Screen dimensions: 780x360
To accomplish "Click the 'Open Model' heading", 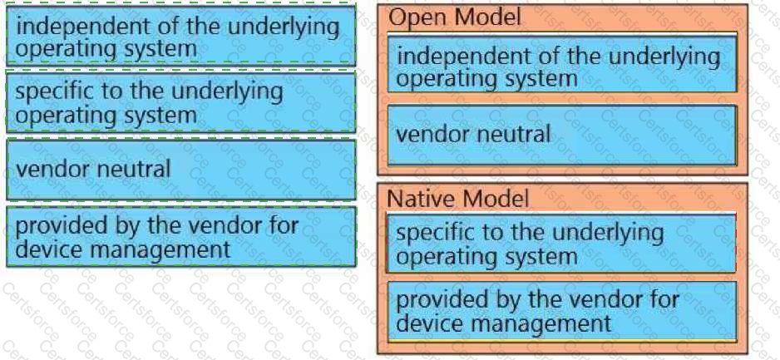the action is pos(454,17).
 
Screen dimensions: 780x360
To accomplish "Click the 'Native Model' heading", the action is pos(457,200).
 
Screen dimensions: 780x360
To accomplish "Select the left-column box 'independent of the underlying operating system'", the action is pos(181,37).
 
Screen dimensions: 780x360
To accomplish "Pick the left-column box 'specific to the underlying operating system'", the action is pos(181,102).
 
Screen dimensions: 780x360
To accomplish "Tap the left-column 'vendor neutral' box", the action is pos(181,170).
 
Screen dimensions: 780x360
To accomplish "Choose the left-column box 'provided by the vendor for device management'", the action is pos(181,237).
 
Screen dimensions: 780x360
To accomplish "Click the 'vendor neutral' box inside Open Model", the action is pos(561,135).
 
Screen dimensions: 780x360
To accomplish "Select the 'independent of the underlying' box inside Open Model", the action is pos(561,64).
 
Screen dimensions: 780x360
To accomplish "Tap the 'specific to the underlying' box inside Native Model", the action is pos(561,244).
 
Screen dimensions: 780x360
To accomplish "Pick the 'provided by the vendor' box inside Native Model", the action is pos(561,312).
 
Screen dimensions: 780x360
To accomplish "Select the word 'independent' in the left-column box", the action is pos(85,26).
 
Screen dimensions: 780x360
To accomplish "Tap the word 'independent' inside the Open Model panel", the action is pos(466,57).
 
